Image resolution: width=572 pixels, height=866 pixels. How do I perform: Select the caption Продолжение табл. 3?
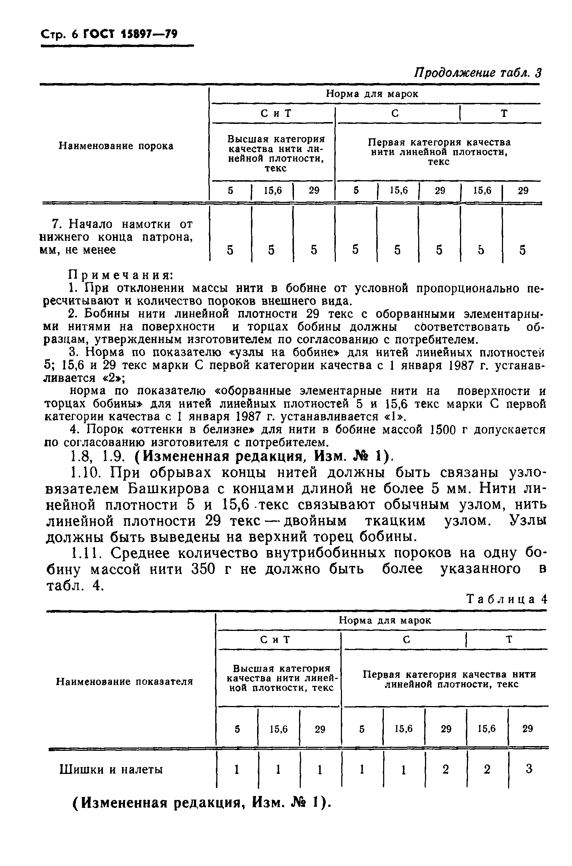[477, 73]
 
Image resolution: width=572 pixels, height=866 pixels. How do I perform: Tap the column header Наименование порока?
[116, 146]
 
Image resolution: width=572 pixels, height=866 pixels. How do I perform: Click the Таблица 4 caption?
[507, 599]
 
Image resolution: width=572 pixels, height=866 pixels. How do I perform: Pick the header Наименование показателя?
[124, 681]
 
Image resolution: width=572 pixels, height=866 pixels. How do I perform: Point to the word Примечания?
[121, 275]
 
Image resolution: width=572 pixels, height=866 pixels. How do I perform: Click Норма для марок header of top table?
[372, 94]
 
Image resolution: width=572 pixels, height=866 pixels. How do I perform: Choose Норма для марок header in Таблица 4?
[385, 620]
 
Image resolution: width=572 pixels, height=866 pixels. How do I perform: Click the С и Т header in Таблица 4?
[275, 640]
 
